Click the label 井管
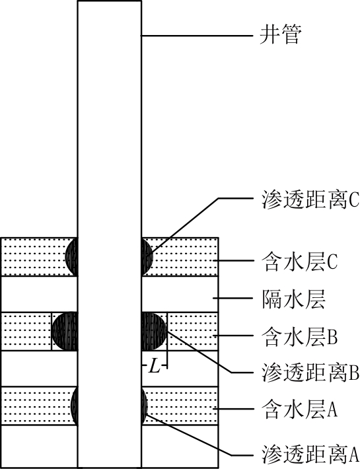279,35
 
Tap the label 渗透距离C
310,199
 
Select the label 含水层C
300,262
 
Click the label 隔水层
293,299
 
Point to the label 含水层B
300,336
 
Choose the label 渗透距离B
310,373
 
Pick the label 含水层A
300,409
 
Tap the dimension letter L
155,366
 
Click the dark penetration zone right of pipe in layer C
147,257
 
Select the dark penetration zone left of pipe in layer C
72,257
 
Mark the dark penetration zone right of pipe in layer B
153,331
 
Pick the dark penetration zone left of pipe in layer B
65,331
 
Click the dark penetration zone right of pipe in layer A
145,406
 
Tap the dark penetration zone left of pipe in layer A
75,406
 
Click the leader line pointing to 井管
198,36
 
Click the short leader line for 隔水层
233,298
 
